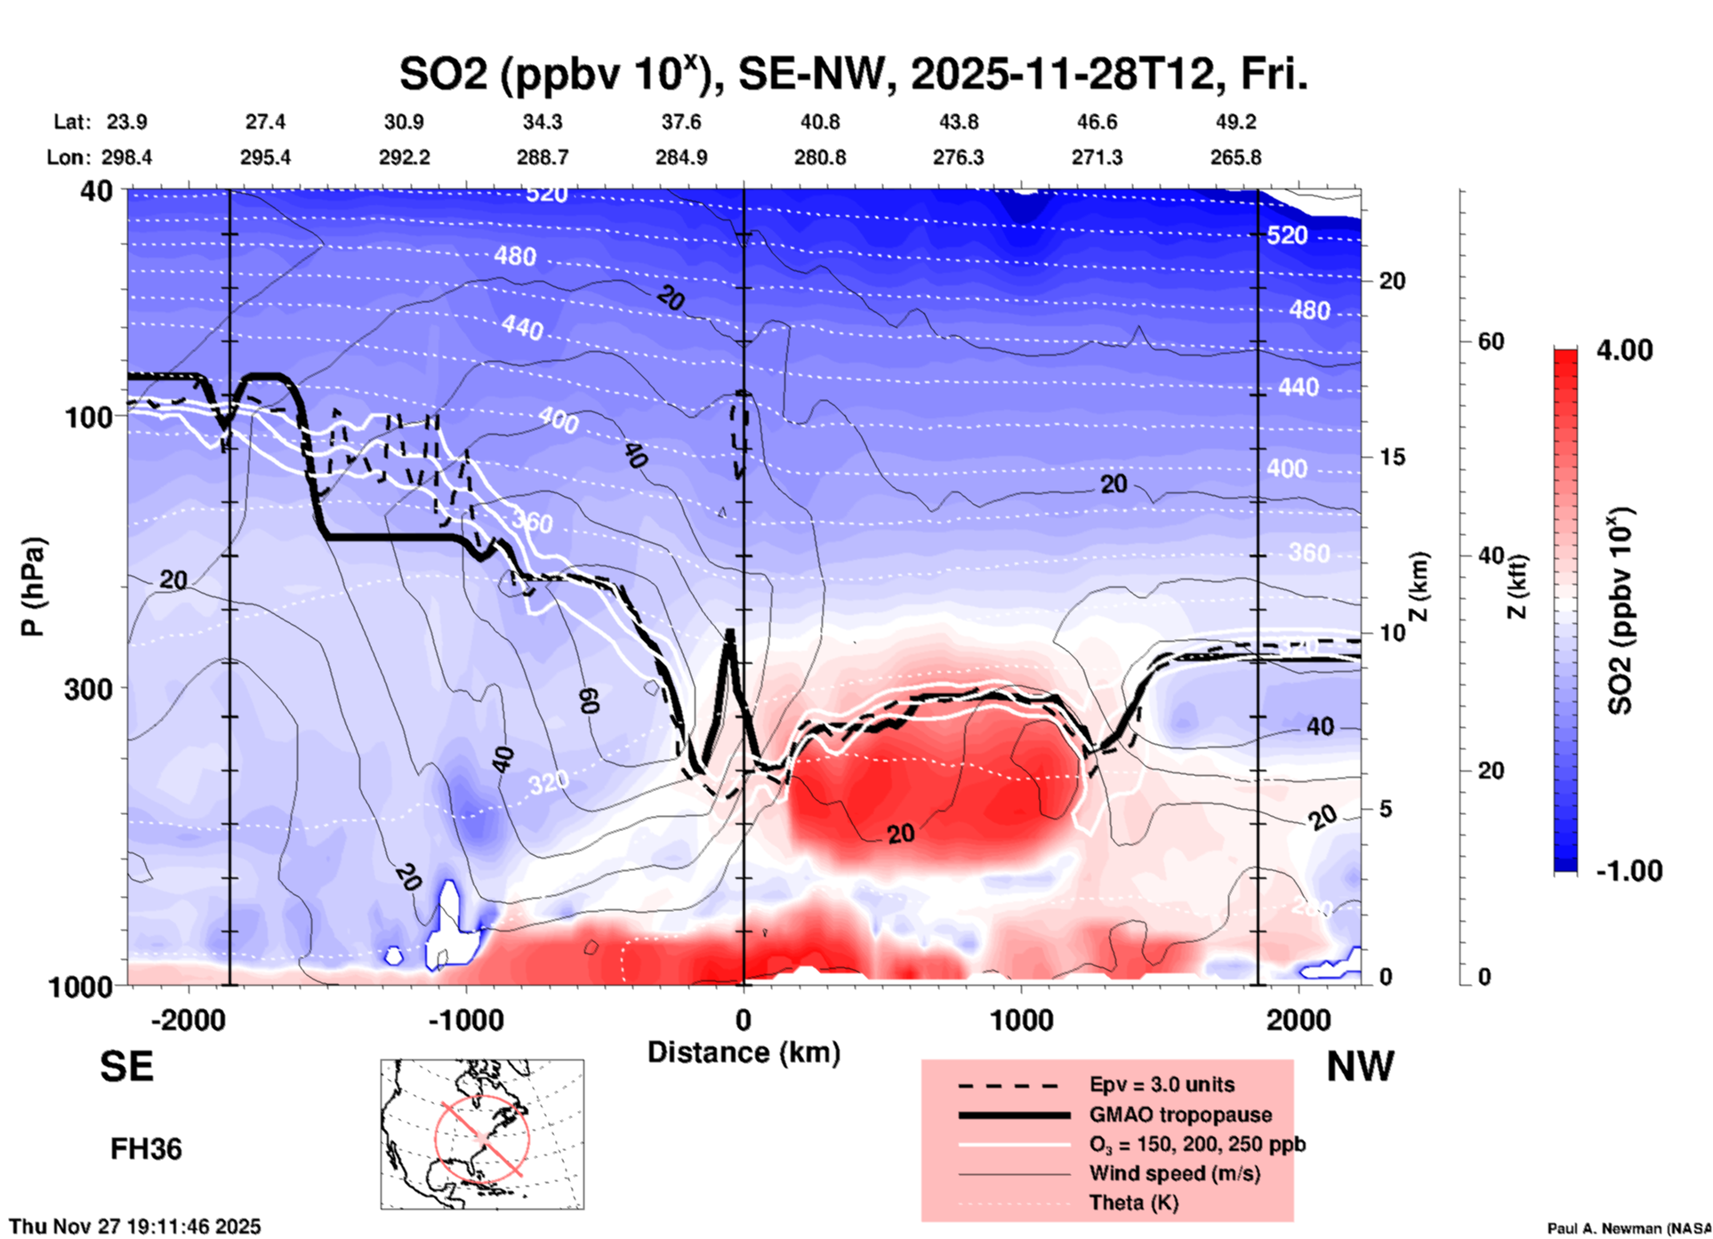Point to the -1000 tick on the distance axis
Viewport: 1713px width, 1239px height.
click(x=466, y=1019)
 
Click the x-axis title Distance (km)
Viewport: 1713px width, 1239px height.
click(x=744, y=1052)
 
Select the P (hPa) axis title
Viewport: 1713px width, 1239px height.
click(x=32, y=587)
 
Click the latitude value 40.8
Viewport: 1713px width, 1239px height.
click(x=819, y=122)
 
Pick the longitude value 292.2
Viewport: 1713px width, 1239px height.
click(x=405, y=157)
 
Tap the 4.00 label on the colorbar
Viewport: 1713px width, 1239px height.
click(x=1624, y=349)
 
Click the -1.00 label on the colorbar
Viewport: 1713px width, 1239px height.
click(x=1629, y=870)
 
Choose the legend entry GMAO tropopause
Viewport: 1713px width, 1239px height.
click(x=1180, y=1115)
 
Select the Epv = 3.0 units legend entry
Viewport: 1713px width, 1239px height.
click(x=1162, y=1084)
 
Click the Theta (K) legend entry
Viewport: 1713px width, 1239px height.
click(x=1133, y=1203)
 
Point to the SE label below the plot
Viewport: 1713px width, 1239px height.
click(x=126, y=1067)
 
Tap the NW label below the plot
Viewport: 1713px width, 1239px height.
click(x=1360, y=1067)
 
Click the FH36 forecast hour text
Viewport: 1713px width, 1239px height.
click(x=146, y=1149)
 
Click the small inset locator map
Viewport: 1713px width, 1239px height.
click(x=482, y=1133)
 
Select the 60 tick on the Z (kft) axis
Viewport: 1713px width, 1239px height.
click(x=1491, y=341)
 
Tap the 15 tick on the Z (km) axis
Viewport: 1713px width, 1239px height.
click(x=1392, y=457)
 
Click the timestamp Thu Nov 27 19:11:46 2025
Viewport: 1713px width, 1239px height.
click(x=135, y=1227)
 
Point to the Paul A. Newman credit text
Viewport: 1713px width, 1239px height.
click(x=1628, y=1228)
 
